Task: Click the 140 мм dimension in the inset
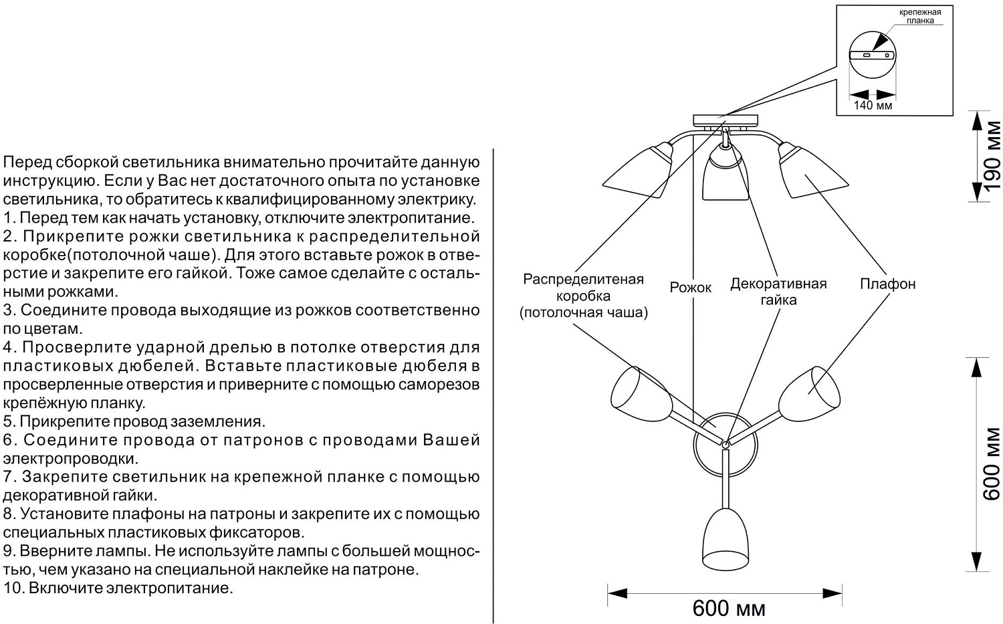coord(873,105)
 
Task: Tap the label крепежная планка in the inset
coord(919,16)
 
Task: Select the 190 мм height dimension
coord(992,155)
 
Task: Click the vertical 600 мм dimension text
coord(992,463)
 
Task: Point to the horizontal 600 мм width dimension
coord(728,608)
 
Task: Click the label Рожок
coord(691,288)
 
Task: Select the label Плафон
coord(887,284)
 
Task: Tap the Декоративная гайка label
coord(778,292)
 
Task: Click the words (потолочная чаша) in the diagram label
coord(583,312)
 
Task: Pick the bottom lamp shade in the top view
coord(724,538)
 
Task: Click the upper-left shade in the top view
coord(641,395)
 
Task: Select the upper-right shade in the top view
coord(810,393)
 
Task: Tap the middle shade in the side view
coord(725,175)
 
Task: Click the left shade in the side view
coord(639,171)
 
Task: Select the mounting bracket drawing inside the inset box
coord(873,56)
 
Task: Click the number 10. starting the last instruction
coord(13,589)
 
